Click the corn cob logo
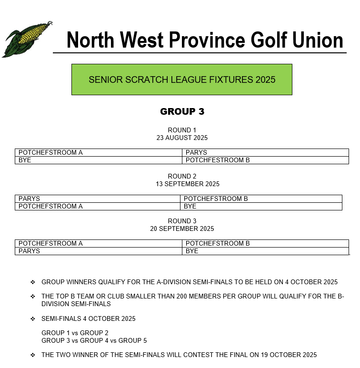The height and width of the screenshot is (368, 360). tap(26, 39)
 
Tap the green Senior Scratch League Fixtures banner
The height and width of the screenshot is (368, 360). tap(181, 80)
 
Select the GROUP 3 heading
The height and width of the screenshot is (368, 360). tap(182, 112)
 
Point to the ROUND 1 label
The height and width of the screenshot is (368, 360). tap(182, 130)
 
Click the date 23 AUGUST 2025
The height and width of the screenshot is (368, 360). tap(182, 138)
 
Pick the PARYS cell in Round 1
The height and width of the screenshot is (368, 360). tap(196, 153)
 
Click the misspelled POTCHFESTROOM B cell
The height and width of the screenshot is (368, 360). tap(218, 160)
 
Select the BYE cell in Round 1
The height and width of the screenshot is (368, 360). tap(25, 160)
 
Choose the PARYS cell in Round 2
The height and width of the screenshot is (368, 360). tap(29, 199)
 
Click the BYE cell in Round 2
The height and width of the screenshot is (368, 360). tap(190, 207)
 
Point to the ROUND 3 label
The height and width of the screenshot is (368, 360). tap(182, 221)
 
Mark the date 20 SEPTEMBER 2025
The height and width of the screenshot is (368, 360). tap(182, 229)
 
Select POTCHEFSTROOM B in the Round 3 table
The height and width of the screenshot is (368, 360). tap(218, 244)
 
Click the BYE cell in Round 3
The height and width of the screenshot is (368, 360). tap(192, 251)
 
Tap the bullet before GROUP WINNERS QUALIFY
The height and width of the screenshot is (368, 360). tap(33, 282)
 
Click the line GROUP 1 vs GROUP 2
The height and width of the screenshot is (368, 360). tap(75, 333)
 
